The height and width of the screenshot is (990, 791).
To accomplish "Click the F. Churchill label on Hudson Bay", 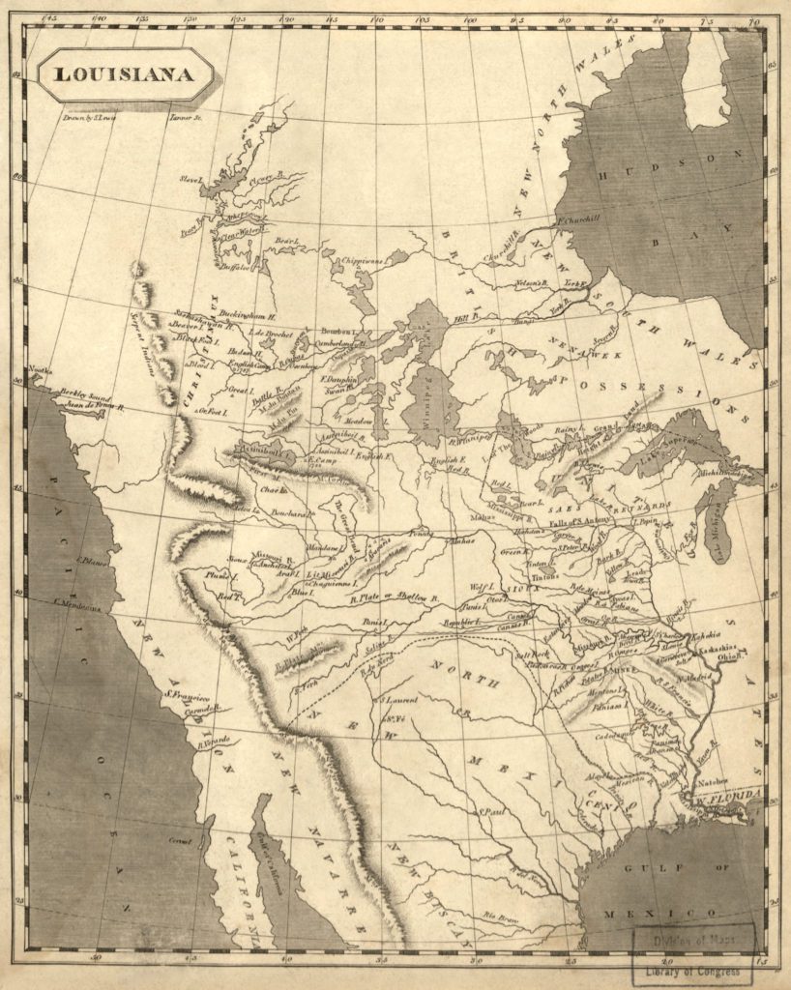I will (578, 218).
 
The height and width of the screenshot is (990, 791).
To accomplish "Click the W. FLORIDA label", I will (736, 796).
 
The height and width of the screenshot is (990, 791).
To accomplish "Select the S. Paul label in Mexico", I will (494, 811).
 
